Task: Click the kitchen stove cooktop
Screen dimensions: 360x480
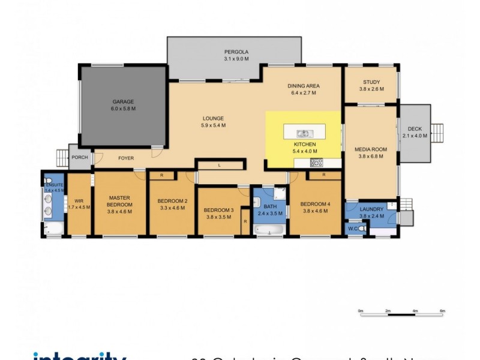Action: pyautogui.click(x=316, y=162)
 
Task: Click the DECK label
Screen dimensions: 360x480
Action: pyautogui.click(x=415, y=128)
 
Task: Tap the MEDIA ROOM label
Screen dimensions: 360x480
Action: pyautogui.click(x=371, y=149)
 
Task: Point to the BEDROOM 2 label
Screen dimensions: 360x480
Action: pyautogui.click(x=172, y=200)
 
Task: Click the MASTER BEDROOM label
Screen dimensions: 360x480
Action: pyautogui.click(x=120, y=200)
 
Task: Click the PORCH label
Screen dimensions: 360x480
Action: pyautogui.click(x=80, y=157)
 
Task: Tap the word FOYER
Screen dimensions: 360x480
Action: pyautogui.click(x=125, y=158)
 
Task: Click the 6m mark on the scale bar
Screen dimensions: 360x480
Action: pyautogui.click(x=442, y=311)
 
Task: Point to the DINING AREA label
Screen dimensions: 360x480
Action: pyautogui.click(x=305, y=86)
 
